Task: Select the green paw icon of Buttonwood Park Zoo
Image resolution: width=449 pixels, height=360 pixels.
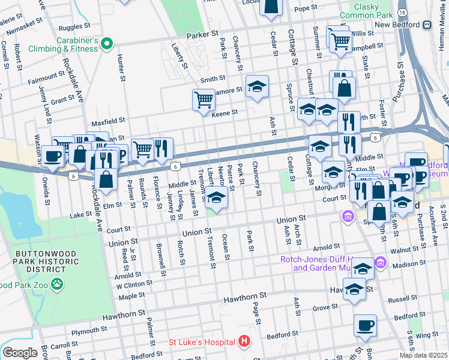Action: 57,284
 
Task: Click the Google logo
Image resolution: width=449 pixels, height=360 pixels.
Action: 20,353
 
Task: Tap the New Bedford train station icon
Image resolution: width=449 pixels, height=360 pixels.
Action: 427,25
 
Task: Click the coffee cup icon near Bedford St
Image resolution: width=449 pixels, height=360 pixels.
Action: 365,326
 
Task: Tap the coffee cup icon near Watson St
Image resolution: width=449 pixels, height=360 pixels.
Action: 52,156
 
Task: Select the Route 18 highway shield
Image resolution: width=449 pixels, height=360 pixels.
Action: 402,12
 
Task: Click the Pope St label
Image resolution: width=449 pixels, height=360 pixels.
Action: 305,8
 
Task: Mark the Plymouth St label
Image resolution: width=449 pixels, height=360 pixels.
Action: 89,331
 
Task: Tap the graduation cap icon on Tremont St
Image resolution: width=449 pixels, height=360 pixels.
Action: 217,199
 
